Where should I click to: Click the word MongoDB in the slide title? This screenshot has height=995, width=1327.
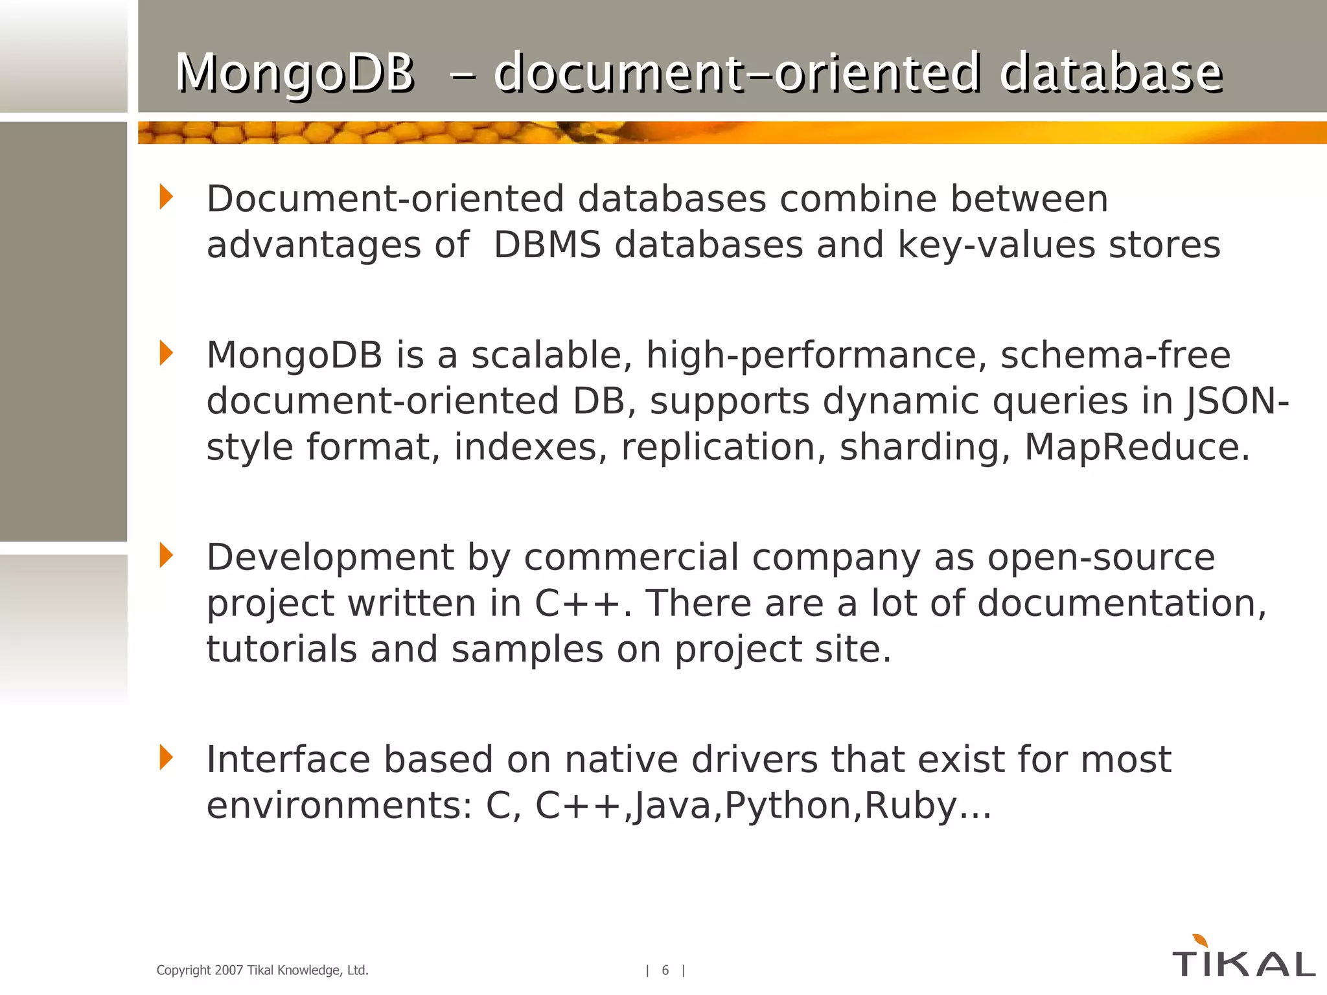pyautogui.click(x=295, y=73)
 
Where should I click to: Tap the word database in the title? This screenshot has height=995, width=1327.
pyautogui.click(x=1111, y=73)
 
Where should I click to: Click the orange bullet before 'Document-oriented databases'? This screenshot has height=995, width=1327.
pyautogui.click(x=167, y=197)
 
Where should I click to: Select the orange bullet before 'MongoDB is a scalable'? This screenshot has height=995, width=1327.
pyautogui.click(x=167, y=353)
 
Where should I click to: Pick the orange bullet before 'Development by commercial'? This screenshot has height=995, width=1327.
pyautogui.click(x=167, y=555)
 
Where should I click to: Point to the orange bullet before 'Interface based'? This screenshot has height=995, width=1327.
pyautogui.click(x=167, y=757)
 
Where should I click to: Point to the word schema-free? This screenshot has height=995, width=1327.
pyautogui.click(x=1115, y=355)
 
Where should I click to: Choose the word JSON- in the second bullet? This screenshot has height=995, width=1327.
pyautogui.click(x=1238, y=401)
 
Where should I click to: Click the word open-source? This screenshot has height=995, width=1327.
pyautogui.click(x=1101, y=558)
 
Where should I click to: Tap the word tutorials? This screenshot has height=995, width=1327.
pyautogui.click(x=281, y=649)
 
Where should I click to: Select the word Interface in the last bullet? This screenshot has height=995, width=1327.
pyautogui.click(x=288, y=759)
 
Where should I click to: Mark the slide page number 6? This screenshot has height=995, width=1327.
pyautogui.click(x=665, y=970)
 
